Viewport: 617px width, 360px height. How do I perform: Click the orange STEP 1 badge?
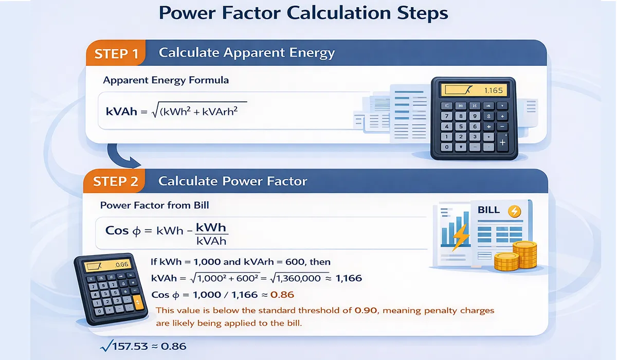(x=116, y=53)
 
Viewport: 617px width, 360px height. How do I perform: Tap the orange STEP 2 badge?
(x=116, y=181)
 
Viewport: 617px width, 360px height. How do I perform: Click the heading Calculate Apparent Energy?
(x=247, y=52)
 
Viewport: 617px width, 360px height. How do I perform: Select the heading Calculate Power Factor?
(x=232, y=181)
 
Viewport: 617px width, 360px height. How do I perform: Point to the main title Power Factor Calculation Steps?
(x=303, y=13)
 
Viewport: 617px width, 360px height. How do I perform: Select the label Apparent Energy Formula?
(x=166, y=80)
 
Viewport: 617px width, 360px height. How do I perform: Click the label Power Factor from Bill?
(x=154, y=205)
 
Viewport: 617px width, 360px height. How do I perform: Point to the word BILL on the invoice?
(x=488, y=210)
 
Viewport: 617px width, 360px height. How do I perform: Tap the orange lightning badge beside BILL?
(x=514, y=210)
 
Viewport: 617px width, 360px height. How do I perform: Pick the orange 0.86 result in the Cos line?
(x=281, y=295)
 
